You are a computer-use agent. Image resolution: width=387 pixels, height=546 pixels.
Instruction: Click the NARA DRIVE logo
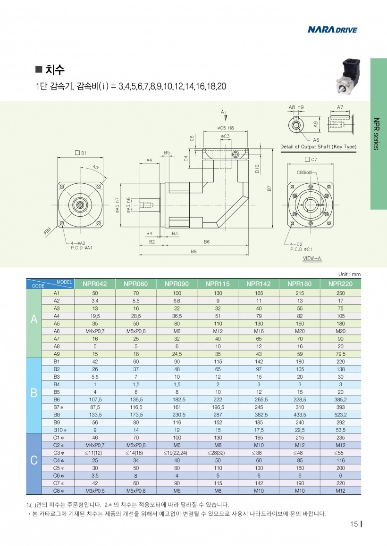tap(332, 30)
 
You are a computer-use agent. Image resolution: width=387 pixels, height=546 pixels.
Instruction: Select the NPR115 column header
tap(218, 284)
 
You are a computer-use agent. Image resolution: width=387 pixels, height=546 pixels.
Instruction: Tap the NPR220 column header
tap(340, 284)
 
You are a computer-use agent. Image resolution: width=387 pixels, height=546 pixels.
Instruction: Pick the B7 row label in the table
tap(58, 407)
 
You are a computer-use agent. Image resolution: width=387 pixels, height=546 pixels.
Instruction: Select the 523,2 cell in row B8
tap(340, 415)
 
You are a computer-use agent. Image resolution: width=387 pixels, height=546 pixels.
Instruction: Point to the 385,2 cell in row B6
tap(340, 399)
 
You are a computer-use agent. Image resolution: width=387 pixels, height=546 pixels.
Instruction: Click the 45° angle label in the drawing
tap(96, 168)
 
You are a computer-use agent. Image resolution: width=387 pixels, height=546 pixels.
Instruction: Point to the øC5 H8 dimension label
tap(226, 128)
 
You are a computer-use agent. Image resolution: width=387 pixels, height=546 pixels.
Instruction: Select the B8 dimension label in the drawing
tap(193, 252)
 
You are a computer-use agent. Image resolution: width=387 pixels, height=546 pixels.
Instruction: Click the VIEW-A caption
tap(312, 259)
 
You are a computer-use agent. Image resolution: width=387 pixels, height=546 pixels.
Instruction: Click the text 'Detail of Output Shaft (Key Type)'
tap(319, 147)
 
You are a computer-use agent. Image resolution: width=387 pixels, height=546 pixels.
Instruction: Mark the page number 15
tap(354, 525)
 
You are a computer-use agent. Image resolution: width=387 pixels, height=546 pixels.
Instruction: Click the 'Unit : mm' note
tap(349, 274)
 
